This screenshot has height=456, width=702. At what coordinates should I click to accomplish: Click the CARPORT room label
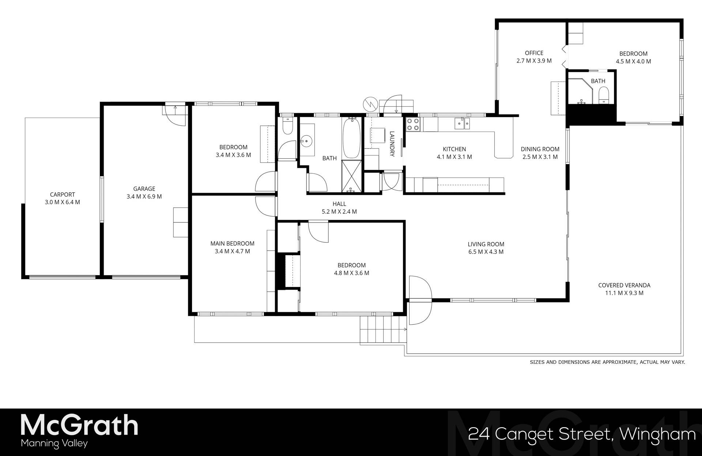[x=62, y=195]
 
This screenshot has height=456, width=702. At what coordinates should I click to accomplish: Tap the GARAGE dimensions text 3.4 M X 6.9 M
[x=144, y=197]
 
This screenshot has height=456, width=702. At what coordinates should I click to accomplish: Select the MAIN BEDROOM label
[x=232, y=244]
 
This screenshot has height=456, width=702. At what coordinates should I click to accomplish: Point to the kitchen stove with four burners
[x=413, y=124]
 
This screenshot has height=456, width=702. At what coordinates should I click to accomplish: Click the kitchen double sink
[x=462, y=124]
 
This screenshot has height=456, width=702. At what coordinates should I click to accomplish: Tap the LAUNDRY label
[x=392, y=144]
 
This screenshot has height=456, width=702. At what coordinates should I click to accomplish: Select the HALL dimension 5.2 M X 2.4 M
[x=339, y=212]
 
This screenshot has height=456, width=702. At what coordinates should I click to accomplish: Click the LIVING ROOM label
[x=486, y=244]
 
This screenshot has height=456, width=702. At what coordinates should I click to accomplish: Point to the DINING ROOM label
[x=540, y=149]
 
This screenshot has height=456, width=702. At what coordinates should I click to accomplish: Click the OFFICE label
[x=534, y=53]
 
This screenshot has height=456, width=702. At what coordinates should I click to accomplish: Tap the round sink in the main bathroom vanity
[x=306, y=140]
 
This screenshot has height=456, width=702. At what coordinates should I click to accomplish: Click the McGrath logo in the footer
[x=79, y=425]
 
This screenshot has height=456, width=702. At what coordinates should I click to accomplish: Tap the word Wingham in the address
[x=658, y=434]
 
